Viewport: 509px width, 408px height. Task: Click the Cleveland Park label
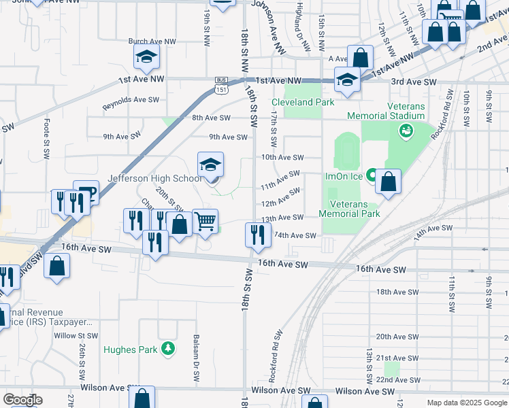(303, 102)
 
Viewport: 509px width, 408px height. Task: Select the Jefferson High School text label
(155, 179)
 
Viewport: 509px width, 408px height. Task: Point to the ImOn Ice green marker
(372, 175)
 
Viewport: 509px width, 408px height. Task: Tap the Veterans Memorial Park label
(355, 209)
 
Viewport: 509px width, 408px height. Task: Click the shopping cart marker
(206, 222)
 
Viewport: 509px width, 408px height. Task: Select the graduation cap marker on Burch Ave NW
(146, 58)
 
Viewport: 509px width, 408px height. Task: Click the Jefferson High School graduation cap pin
(211, 165)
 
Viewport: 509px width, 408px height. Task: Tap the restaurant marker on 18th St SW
(257, 235)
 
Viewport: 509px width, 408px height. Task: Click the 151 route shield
(221, 88)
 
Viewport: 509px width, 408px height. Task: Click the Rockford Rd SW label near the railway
(277, 357)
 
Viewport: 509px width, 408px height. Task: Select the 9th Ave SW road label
(228, 137)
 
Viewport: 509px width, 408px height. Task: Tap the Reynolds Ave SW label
(131, 103)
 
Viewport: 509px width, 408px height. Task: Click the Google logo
(22, 400)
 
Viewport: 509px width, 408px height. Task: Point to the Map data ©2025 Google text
(466, 403)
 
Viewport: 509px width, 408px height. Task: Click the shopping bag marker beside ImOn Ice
(388, 182)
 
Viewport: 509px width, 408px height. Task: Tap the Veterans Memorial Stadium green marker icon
(406, 131)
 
